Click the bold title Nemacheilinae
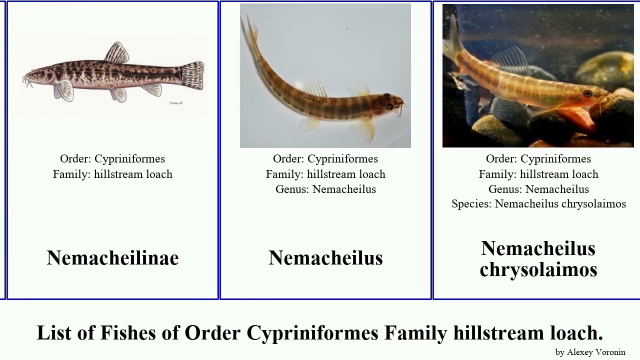(112, 258)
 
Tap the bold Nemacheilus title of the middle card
(325, 258)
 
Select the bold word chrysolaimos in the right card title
(538, 269)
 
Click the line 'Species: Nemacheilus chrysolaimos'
(538, 204)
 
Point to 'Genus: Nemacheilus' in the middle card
(325, 189)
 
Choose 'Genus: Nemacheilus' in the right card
(538, 189)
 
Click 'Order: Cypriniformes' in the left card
(112, 159)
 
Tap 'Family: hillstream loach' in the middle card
(325, 174)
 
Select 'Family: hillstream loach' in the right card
(538, 174)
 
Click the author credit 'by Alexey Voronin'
(590, 352)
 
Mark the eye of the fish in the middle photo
(389, 106)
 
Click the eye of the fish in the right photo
(587, 93)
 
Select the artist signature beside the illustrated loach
(176, 103)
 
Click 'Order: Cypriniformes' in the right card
(538, 159)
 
